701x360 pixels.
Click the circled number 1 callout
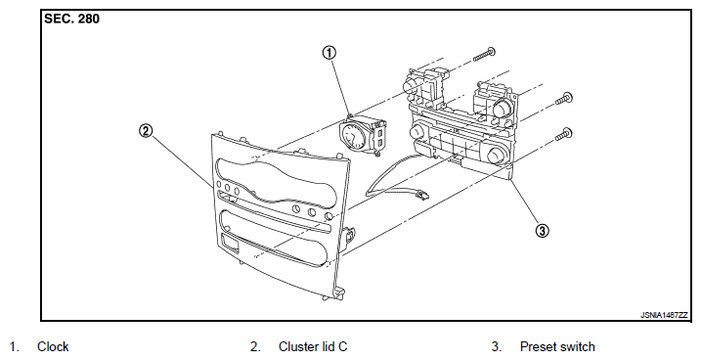point(329,53)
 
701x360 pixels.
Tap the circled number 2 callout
point(146,131)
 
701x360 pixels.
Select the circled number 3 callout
point(542,231)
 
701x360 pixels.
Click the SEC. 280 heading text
point(72,19)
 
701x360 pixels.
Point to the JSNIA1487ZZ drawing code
point(664,315)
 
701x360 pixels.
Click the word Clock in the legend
point(53,346)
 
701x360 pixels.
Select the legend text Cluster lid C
point(313,346)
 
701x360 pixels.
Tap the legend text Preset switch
point(557,346)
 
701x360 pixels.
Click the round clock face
point(353,137)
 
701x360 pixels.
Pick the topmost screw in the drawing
point(484,54)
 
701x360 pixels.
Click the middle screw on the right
point(564,99)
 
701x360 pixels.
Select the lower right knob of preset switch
point(495,156)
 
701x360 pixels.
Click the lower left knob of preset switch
point(416,133)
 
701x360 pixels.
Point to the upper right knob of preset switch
point(503,108)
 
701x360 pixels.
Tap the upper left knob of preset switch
point(411,84)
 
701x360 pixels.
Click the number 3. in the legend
point(497,346)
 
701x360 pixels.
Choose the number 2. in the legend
point(255,346)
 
